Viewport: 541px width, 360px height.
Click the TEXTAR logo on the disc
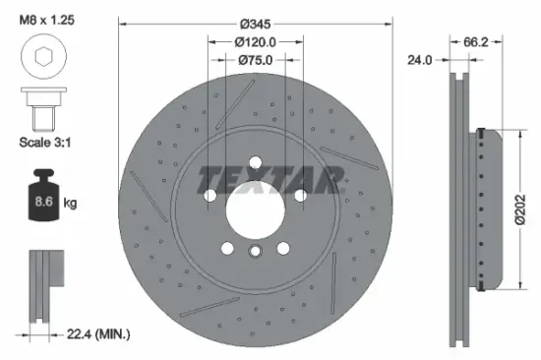pyautogui.click(x=270, y=179)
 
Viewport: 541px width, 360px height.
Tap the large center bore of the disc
pyautogui.click(x=255, y=208)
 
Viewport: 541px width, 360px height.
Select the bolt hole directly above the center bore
pyautogui.click(x=255, y=162)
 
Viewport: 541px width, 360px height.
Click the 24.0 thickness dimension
pyautogui.click(x=420, y=60)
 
